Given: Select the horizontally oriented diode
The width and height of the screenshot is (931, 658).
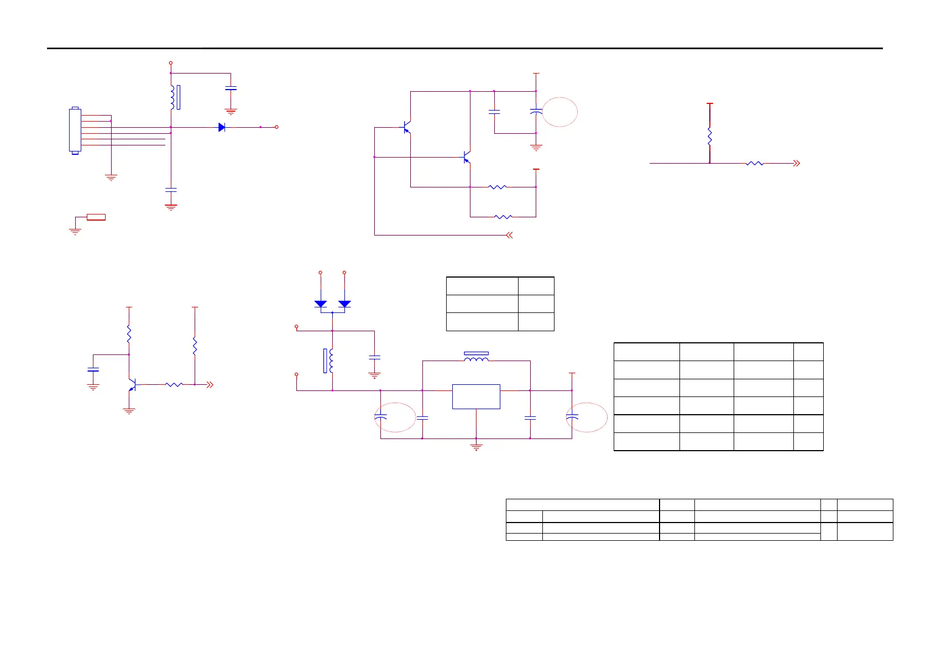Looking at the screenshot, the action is pyautogui.click(x=222, y=127).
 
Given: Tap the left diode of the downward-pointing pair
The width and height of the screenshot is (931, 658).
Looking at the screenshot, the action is pyautogui.click(x=321, y=304).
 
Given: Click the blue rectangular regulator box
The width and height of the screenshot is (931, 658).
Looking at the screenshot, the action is pyautogui.click(x=476, y=396).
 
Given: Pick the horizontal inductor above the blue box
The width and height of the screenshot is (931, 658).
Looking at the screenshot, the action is pyautogui.click(x=476, y=360).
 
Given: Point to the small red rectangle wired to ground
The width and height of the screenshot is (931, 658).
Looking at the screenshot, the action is pyautogui.click(x=96, y=217).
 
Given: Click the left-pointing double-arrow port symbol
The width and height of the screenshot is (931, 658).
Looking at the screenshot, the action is pyautogui.click(x=509, y=235).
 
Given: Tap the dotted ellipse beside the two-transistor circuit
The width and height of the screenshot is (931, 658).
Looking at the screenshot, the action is pyautogui.click(x=559, y=112).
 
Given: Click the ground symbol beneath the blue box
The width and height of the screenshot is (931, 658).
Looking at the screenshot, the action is pyautogui.click(x=476, y=446).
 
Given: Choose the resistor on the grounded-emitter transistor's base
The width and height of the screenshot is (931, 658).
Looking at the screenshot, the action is pyautogui.click(x=174, y=384).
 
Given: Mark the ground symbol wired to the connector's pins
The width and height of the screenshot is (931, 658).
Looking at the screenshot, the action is pyautogui.click(x=111, y=177).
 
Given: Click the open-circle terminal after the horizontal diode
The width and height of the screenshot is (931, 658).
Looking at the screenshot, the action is pyautogui.click(x=276, y=127).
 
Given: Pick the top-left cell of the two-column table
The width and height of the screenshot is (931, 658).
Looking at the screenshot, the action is pyautogui.click(x=482, y=286).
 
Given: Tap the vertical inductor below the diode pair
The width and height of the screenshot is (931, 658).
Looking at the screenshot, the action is pyautogui.click(x=331, y=361).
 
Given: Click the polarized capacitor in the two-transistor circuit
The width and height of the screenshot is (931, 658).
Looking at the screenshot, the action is pyautogui.click(x=536, y=112).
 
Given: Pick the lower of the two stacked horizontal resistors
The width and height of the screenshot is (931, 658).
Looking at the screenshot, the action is pyautogui.click(x=503, y=217).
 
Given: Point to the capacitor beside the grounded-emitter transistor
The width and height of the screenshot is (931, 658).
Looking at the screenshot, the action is pyautogui.click(x=93, y=369).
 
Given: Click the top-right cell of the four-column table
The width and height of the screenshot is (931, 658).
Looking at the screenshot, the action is pyautogui.click(x=808, y=352).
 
